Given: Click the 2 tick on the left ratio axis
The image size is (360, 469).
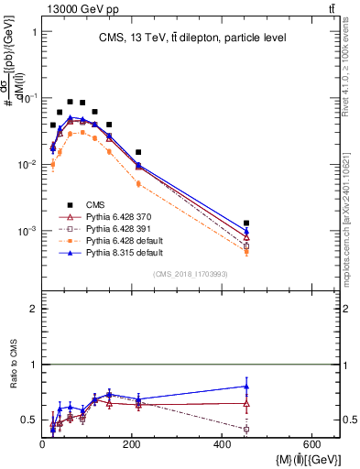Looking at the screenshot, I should point(34,309).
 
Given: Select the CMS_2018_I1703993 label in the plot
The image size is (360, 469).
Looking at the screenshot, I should point(190,273).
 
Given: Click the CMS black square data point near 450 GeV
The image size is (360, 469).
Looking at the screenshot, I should point(246,223).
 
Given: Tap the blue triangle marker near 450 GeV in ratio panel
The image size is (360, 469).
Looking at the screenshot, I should point(246,386).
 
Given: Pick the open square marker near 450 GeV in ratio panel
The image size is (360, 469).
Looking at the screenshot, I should point(246,429).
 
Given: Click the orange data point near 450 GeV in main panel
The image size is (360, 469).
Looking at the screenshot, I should point(246,250).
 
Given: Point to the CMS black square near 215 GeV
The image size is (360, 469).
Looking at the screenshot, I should point(138,152).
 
